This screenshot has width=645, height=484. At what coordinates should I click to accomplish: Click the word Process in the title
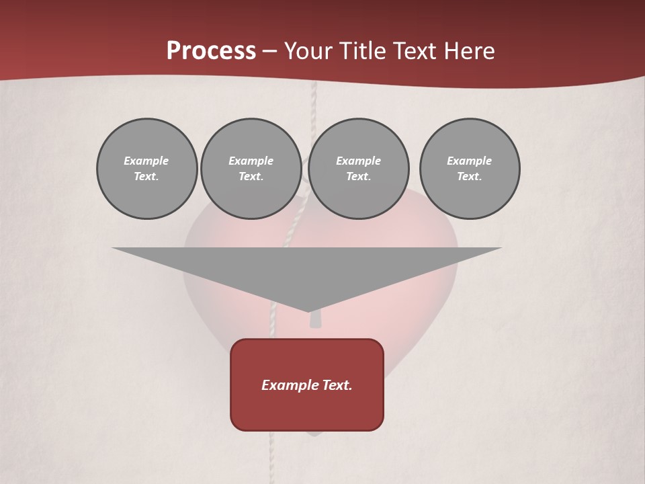[x=211, y=51]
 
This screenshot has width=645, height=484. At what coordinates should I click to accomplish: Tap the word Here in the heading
[x=470, y=51]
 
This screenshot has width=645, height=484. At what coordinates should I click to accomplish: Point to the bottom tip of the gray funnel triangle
[x=308, y=311]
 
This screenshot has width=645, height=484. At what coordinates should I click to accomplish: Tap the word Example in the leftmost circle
[x=146, y=161]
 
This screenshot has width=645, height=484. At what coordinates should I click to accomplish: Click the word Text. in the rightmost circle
[x=470, y=177]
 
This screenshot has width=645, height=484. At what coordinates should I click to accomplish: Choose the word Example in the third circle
[x=359, y=161]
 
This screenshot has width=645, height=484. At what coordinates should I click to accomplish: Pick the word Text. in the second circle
[x=251, y=177]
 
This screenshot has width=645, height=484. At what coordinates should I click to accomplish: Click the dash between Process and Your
[x=270, y=51]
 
